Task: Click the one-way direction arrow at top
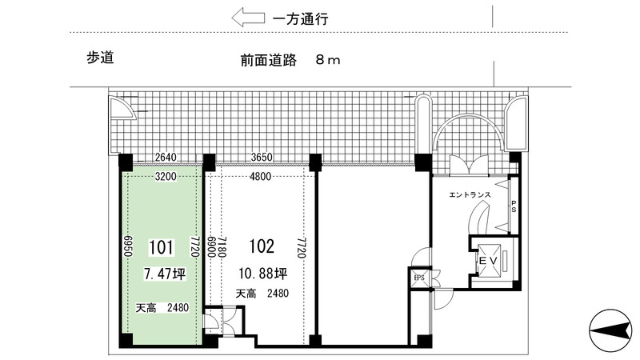click(248, 18)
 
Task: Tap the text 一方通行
click(301, 18)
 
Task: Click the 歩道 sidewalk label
click(100, 58)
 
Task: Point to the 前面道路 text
click(268, 61)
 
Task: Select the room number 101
click(162, 247)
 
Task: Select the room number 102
click(262, 246)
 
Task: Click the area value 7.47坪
click(165, 274)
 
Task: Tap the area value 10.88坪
click(263, 273)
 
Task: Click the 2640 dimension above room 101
click(166, 157)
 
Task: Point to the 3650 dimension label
click(262, 157)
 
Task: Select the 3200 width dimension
click(166, 176)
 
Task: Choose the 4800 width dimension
click(261, 176)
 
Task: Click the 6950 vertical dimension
click(127, 246)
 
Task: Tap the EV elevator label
click(488, 261)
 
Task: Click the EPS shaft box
click(419, 278)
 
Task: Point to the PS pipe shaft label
click(514, 206)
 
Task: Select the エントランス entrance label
click(470, 194)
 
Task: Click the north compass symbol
click(610, 330)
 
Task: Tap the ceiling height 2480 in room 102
click(278, 293)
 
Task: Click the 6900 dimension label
click(211, 247)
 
